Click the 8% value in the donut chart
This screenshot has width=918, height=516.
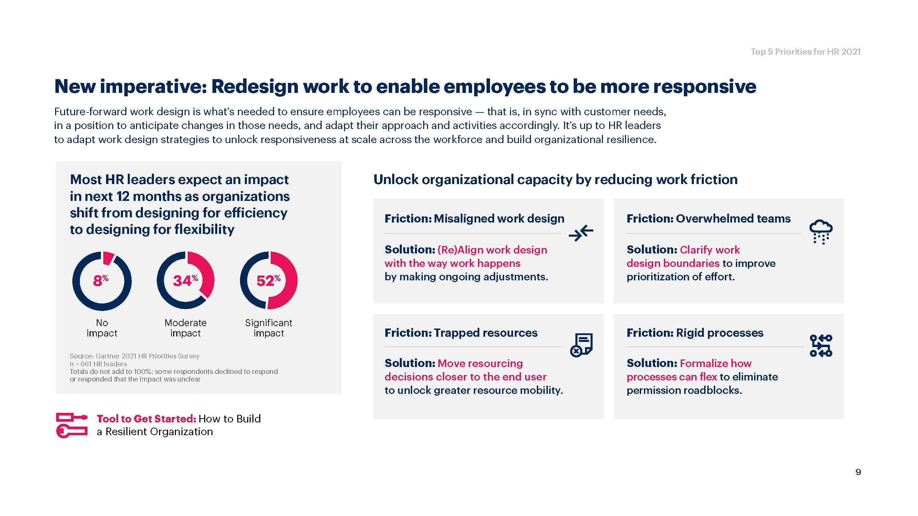point(101,281)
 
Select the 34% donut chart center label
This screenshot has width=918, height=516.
point(185,281)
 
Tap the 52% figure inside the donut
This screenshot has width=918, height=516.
point(269,281)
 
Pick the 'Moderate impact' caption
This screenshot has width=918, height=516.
point(185,328)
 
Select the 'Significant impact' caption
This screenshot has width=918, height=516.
point(269,328)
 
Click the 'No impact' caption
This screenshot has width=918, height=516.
point(102,328)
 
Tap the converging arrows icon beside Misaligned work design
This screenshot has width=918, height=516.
point(581,233)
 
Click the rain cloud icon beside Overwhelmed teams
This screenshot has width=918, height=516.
point(821,232)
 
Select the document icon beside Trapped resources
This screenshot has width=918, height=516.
point(582,345)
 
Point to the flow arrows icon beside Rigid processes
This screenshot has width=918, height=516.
point(821,345)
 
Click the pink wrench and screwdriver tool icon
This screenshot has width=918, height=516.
point(72,425)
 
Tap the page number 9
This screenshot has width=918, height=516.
point(858,472)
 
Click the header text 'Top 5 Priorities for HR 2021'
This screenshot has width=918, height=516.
point(806,52)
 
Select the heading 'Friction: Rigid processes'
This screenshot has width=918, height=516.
point(695,333)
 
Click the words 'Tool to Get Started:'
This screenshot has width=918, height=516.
point(146,419)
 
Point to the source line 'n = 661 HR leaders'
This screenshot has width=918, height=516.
point(98,364)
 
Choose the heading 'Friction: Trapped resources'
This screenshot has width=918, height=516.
point(461,333)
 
